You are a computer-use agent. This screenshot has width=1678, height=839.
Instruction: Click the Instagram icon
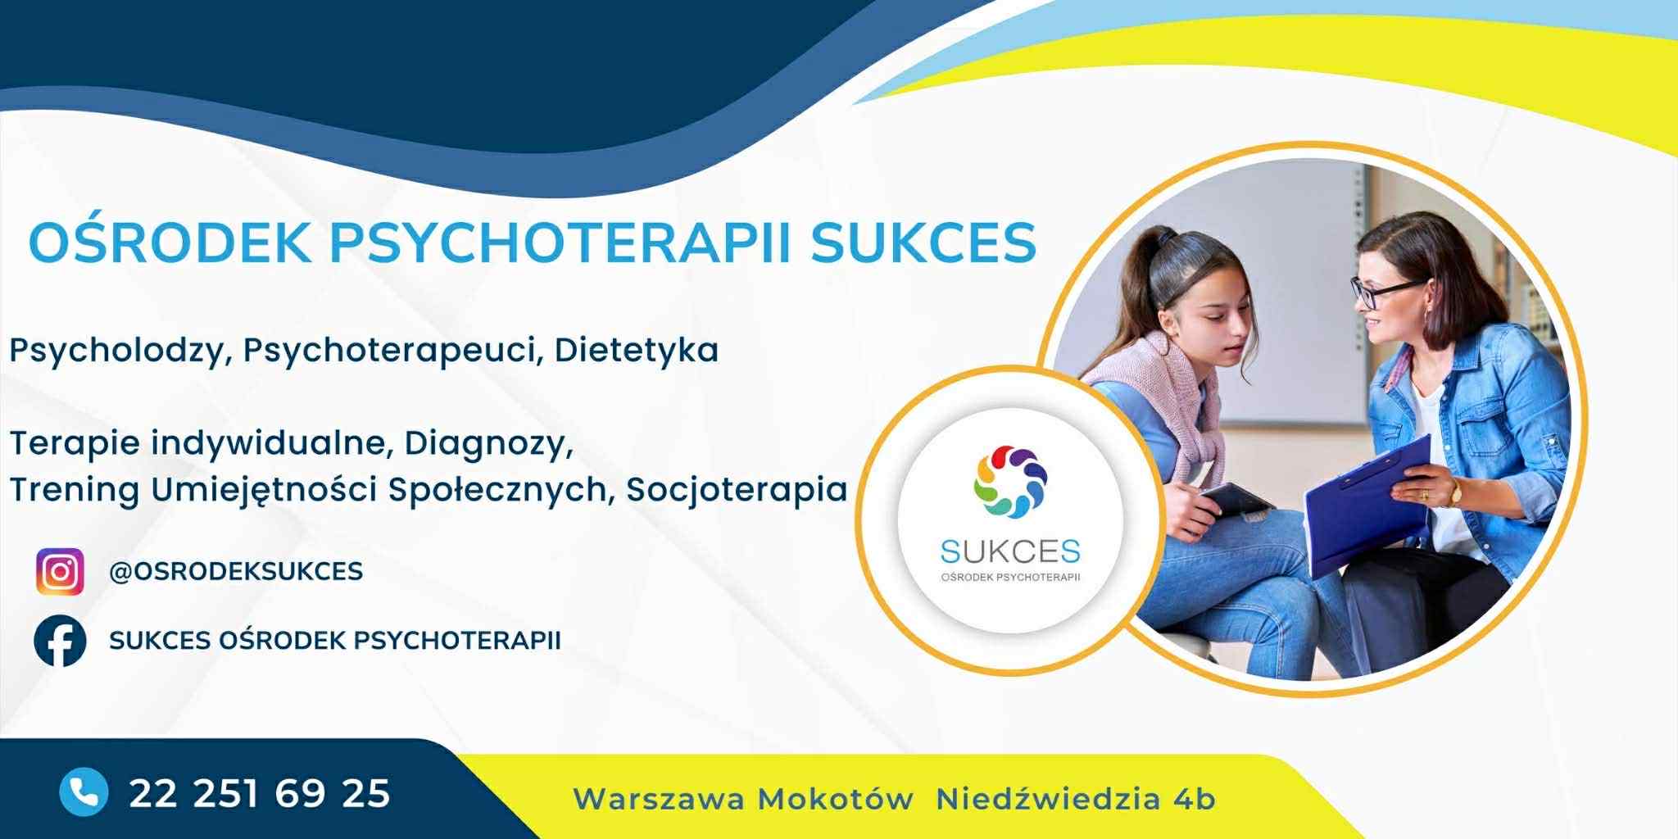60,571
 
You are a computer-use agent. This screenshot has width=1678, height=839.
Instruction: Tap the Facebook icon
60,640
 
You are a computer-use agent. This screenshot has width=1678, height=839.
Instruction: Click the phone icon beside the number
84,792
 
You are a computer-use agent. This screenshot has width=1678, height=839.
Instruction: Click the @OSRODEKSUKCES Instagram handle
236,571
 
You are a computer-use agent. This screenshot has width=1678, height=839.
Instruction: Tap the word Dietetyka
637,350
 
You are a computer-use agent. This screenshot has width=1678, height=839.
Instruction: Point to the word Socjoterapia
737,490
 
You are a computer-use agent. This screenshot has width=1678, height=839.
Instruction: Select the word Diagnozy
488,443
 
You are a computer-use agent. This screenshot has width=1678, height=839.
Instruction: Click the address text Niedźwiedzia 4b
1076,799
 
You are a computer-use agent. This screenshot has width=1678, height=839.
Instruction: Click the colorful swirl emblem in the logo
1010,482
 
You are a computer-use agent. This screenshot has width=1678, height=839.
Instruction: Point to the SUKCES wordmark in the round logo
1010,552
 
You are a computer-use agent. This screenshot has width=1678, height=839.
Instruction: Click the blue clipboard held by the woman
1365,509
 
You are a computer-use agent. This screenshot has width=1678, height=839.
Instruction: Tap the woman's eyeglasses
1388,291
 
